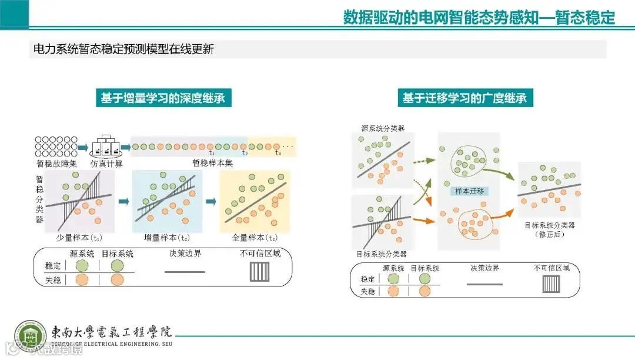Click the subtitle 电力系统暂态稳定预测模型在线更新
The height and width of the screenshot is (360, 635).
(x=123, y=49)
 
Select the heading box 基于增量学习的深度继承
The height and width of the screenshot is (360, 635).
(x=162, y=98)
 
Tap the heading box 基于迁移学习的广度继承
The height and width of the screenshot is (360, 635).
(x=464, y=98)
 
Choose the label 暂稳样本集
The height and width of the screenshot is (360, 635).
(x=212, y=163)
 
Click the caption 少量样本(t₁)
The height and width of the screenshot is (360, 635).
(x=79, y=239)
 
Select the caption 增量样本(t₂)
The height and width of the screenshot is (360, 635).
(x=167, y=239)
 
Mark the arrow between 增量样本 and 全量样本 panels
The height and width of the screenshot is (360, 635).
(x=212, y=202)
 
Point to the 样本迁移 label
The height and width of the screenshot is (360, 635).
(x=469, y=191)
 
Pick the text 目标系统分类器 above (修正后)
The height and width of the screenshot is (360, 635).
(x=549, y=225)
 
